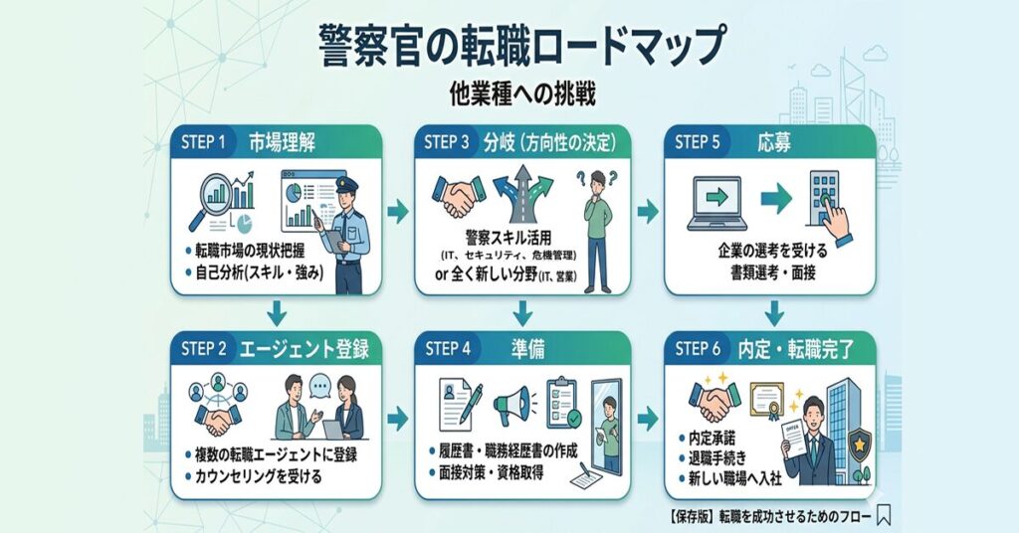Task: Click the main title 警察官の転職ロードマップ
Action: [x=509, y=46]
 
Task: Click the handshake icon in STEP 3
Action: [x=457, y=198]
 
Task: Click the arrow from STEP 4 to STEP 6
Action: [x=648, y=417]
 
